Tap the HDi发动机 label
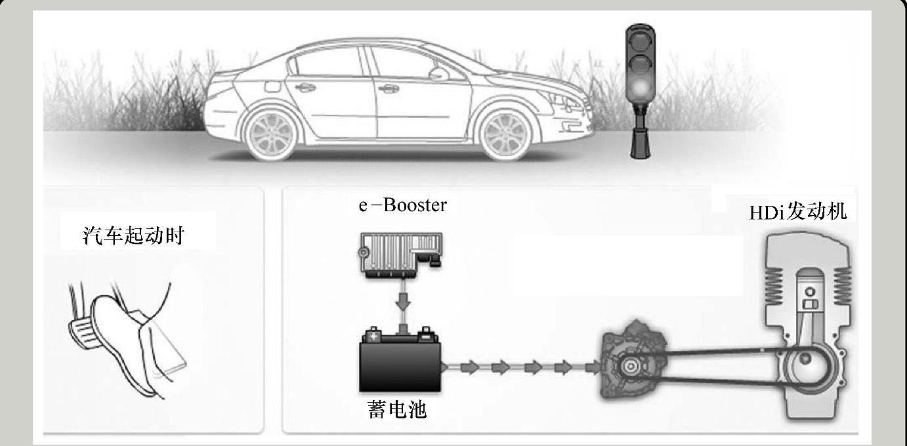point(799,212)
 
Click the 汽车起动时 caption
point(133,236)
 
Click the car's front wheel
point(504,134)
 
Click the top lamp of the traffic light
point(641,38)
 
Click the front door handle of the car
point(389,88)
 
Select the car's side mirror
point(438,73)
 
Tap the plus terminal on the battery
point(374,336)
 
